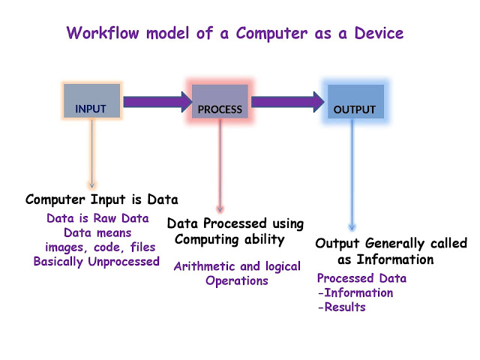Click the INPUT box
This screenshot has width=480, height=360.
[91, 100]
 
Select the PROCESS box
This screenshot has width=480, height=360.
[220, 101]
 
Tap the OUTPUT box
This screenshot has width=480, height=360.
[355, 101]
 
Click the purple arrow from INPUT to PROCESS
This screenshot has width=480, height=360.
[157, 102]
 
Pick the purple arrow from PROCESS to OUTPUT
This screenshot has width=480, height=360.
[288, 102]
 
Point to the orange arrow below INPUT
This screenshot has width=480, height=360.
[91, 154]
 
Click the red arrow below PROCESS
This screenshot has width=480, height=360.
[220, 166]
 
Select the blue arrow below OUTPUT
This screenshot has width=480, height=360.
[352, 175]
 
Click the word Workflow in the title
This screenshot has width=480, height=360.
[103, 33]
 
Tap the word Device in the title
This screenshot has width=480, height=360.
[379, 33]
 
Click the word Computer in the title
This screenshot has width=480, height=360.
[271, 34]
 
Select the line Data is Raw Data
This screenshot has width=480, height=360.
[97, 218]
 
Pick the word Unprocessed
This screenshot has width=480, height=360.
[124, 262]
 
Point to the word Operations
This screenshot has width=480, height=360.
[237, 281]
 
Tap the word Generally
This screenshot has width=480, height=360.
[395, 244]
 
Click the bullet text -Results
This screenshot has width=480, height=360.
[342, 307]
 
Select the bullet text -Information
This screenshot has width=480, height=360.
[355, 292]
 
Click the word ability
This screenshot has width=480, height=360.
[265, 240]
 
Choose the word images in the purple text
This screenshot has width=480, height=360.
[64, 247]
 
